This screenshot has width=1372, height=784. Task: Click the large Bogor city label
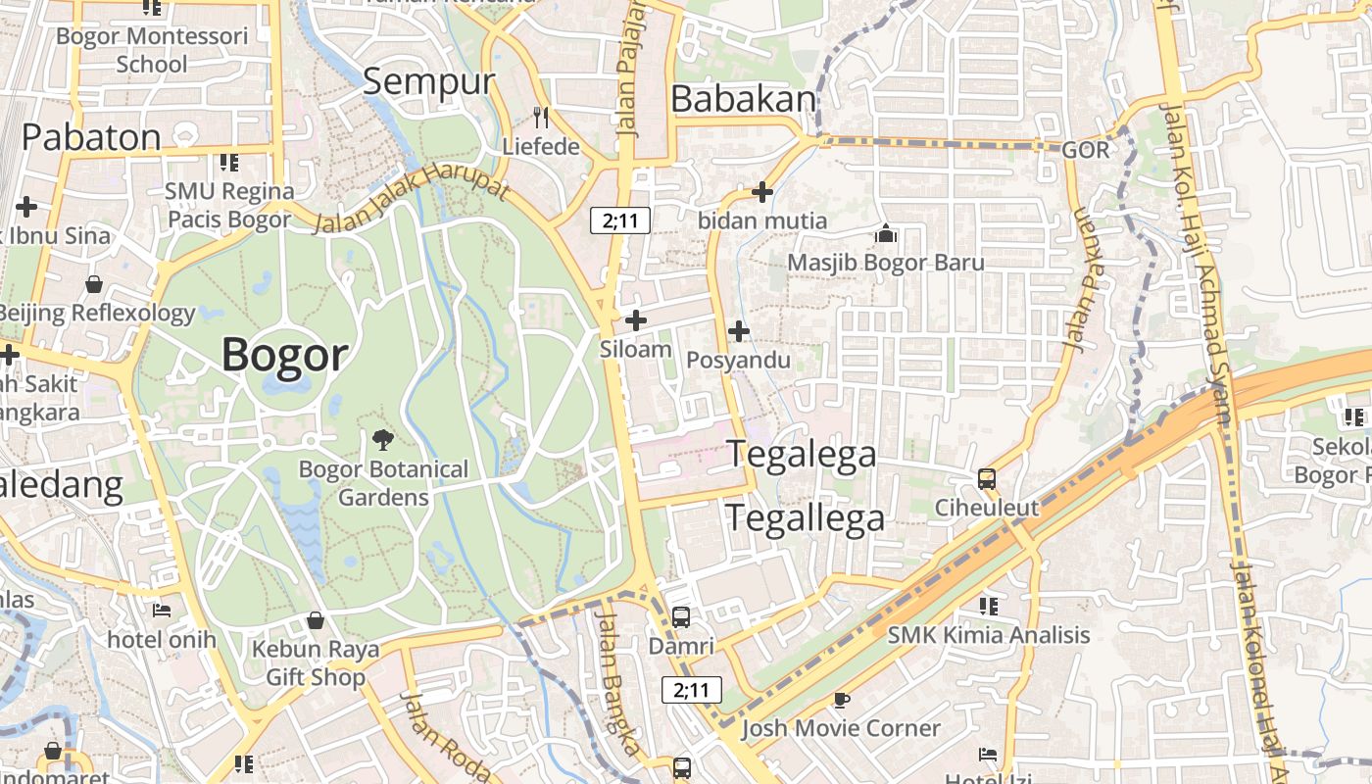pos(285,354)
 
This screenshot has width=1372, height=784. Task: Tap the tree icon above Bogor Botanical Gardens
pos(383,440)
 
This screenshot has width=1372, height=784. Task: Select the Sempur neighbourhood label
pos(429,82)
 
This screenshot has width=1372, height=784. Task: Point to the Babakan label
pos(745,99)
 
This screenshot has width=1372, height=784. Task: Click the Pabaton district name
pos(91,137)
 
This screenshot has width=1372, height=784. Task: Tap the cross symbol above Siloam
pos(636,319)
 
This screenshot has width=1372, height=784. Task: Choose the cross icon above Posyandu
pos(739,332)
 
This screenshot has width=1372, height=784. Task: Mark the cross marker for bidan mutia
pos(761,192)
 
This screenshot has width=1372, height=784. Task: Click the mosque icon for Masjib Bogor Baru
pos(886,234)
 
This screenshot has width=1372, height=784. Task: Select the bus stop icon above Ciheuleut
pos(987,479)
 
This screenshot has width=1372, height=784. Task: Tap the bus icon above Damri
pos(681,617)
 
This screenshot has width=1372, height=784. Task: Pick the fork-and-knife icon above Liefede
pos(541,118)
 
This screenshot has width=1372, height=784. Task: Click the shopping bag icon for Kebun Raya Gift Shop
pos(316,620)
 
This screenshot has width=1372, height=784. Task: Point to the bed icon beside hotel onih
pos(162,611)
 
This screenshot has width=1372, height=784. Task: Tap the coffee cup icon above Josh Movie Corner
pos(840,699)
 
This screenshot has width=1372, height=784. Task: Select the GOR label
pos(1086,150)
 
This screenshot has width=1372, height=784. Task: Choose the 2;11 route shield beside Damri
pos(692,690)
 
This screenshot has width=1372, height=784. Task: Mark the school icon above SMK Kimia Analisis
pos(988,606)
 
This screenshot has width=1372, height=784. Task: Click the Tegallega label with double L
pos(805,517)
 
